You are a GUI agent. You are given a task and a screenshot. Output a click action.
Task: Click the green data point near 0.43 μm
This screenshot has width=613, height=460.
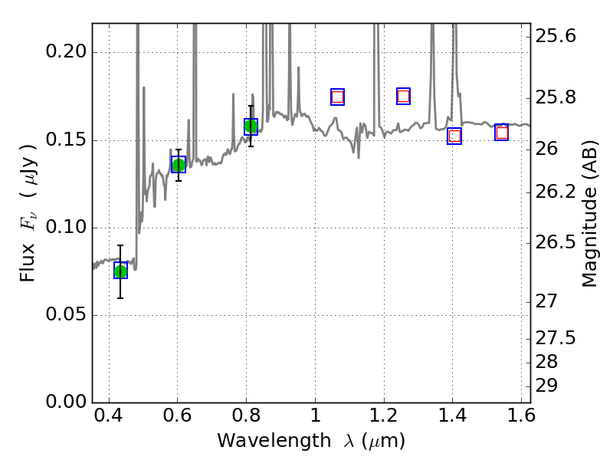tap(120, 271)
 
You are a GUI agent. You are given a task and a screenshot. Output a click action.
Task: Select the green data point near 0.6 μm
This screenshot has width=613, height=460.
tap(179, 165)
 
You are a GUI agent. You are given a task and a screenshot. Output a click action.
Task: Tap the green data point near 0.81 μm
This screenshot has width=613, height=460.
tap(251, 126)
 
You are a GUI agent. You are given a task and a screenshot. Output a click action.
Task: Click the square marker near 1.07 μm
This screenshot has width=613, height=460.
tap(337, 97)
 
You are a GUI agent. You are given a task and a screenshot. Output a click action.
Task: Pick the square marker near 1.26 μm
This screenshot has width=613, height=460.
tap(403, 96)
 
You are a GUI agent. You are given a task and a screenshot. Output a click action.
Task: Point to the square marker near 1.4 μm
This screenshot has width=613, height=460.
tap(454, 136)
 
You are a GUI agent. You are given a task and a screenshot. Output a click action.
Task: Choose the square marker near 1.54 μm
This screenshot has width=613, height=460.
tap(502, 133)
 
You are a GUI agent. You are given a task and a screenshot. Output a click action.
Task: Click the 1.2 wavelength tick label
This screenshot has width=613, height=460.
tap(383, 419)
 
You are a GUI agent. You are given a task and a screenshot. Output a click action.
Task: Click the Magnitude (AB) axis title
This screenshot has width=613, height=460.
tap(589, 219)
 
